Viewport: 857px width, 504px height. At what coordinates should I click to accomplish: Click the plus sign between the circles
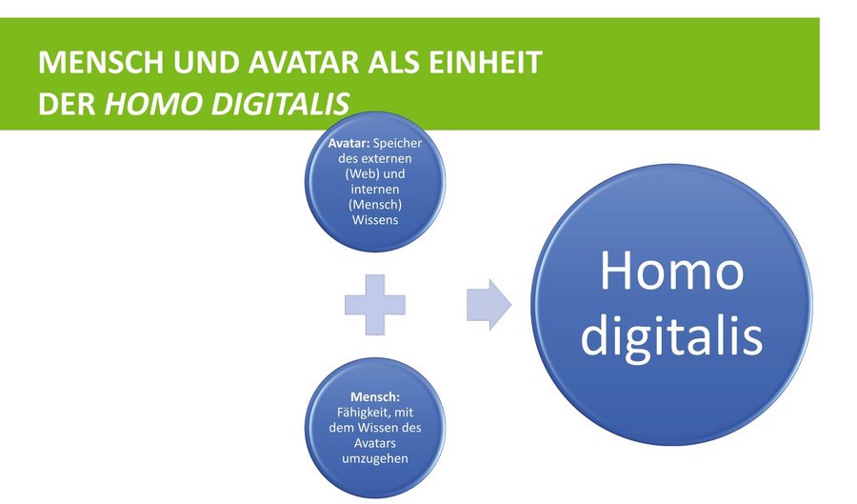pyautogui.click(x=375, y=305)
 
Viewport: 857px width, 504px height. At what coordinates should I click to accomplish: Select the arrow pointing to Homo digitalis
pyautogui.click(x=488, y=305)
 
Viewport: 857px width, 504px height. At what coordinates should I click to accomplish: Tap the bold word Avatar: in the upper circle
pyautogui.click(x=349, y=143)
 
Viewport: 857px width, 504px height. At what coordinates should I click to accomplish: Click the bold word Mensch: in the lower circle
pyautogui.click(x=375, y=396)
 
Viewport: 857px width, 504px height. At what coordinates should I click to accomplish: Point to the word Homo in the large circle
pyautogui.click(x=671, y=271)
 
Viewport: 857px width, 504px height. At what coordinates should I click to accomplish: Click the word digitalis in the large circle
pyautogui.click(x=671, y=334)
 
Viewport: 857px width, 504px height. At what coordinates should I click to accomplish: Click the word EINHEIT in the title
pyautogui.click(x=486, y=62)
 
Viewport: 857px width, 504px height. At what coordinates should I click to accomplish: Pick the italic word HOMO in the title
pyautogui.click(x=153, y=103)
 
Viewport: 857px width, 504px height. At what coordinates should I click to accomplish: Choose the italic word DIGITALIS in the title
pyautogui.click(x=280, y=103)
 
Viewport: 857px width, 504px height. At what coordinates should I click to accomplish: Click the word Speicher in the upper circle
pyautogui.click(x=398, y=143)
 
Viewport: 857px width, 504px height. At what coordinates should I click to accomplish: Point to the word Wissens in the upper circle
pyautogui.click(x=375, y=220)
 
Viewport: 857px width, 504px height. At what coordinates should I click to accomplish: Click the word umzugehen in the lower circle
pyautogui.click(x=375, y=458)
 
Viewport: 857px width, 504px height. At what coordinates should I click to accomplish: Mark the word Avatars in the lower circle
pyautogui.click(x=375, y=443)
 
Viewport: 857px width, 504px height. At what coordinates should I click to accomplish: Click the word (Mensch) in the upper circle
pyautogui.click(x=375, y=205)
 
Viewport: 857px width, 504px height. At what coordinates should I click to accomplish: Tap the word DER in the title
pyautogui.click(x=68, y=103)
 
